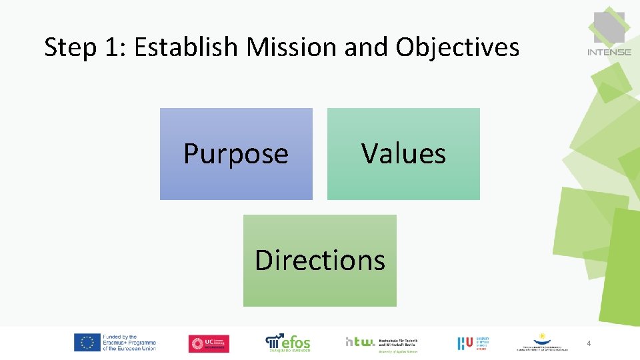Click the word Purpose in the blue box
pyautogui.click(x=236, y=154)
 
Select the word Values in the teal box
pyautogui.click(x=403, y=153)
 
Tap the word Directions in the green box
pyautogui.click(x=320, y=260)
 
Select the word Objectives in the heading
pyautogui.click(x=457, y=47)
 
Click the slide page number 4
pyautogui.click(x=589, y=343)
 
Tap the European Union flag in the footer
pyautogui.click(x=87, y=343)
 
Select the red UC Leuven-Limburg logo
pyautogui.click(x=209, y=343)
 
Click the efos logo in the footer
pyautogui.click(x=288, y=343)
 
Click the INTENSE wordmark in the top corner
pyautogui.click(x=609, y=51)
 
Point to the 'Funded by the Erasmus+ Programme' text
pyautogui.click(x=129, y=343)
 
